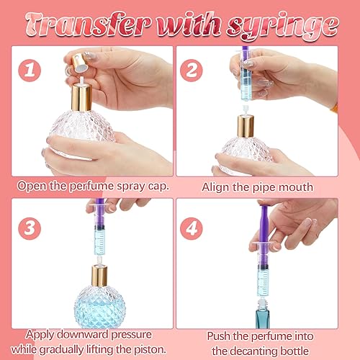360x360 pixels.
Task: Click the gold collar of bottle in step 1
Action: pyautogui.click(x=80, y=96)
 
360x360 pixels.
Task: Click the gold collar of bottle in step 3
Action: pyautogui.click(x=99, y=276)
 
